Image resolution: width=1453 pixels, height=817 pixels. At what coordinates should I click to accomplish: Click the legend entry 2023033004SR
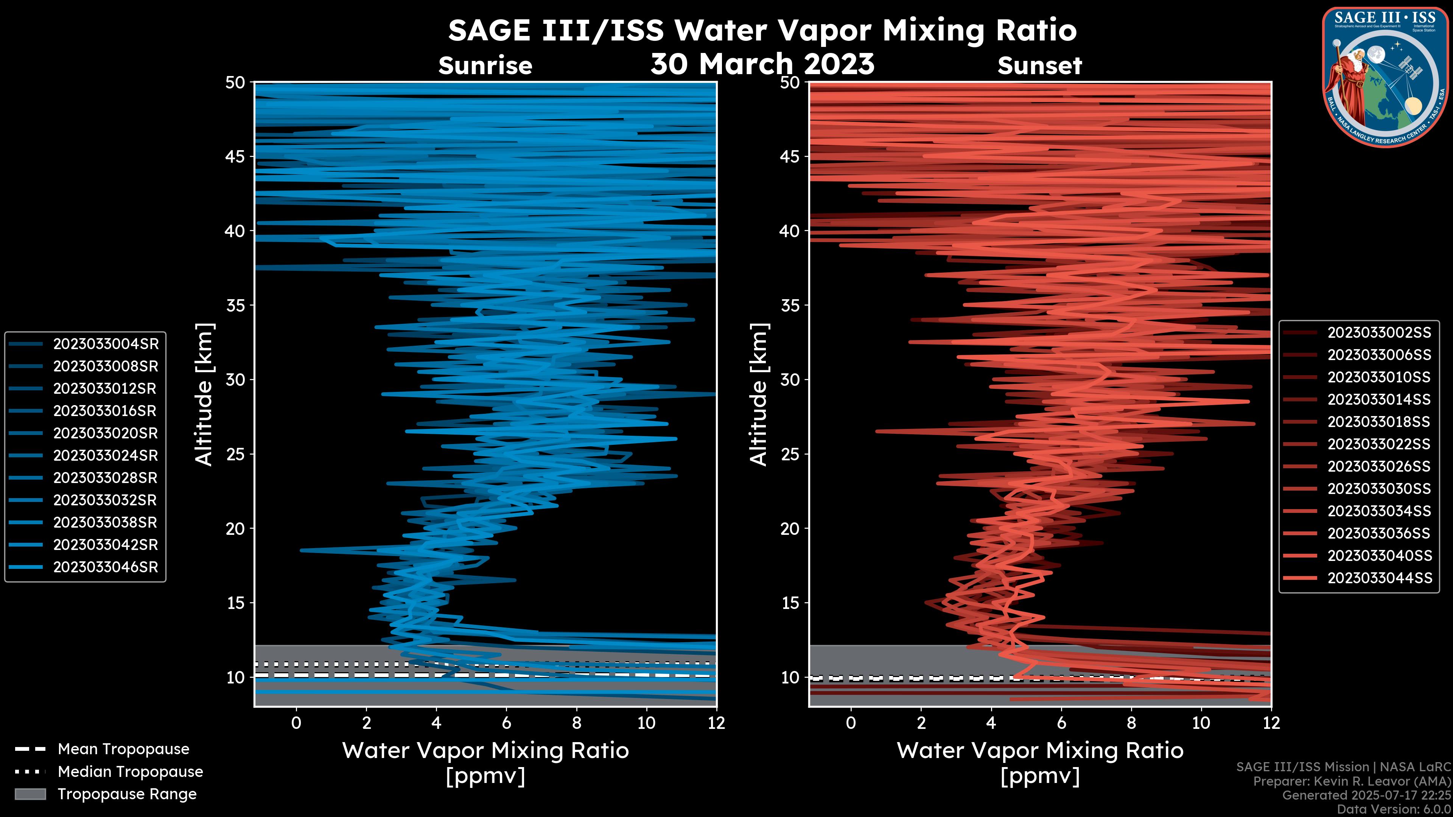pos(106,344)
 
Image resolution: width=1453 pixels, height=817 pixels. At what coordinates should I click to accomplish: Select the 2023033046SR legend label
pos(106,567)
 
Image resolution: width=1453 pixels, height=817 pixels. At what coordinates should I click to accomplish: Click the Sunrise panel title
pos(485,66)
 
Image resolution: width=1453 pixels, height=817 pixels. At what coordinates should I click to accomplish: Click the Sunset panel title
pos(1039,66)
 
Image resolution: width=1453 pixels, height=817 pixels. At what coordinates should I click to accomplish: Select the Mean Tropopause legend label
pos(123,749)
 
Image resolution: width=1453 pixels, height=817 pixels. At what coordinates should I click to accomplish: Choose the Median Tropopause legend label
pos(130,772)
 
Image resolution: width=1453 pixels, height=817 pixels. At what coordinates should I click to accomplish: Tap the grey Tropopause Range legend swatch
pos(30,794)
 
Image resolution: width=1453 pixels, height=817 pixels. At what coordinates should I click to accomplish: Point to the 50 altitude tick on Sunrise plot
pos(235,82)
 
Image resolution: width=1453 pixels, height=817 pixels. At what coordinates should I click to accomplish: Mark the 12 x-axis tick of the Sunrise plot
pos(716,723)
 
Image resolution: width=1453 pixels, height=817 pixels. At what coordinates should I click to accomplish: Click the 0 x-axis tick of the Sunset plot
pos(851,723)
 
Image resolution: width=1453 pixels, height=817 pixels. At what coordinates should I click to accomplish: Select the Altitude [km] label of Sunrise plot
pos(204,394)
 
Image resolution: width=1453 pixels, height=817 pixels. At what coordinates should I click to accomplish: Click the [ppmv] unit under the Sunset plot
pos(1039,777)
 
